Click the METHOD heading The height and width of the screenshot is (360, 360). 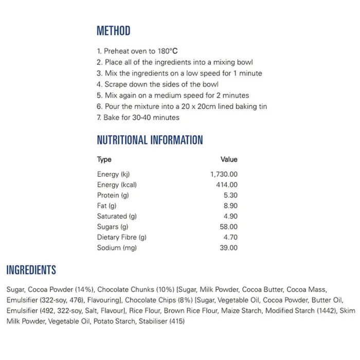[x=113, y=31]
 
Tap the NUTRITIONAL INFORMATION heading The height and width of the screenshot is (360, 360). [x=150, y=140]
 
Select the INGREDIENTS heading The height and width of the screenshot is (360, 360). [x=31, y=270]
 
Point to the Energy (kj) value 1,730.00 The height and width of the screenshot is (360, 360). [x=224, y=174]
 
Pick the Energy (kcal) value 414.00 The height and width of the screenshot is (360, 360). [x=226, y=185]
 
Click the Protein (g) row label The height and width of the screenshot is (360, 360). [x=113, y=195]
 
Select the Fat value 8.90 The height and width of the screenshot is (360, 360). [x=229, y=206]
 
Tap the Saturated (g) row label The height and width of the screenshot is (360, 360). [x=116, y=217]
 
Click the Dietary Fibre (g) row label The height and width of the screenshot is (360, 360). [x=122, y=237]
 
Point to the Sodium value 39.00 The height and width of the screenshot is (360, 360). [x=228, y=248]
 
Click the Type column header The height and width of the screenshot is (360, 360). [x=104, y=159]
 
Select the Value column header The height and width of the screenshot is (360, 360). [x=229, y=159]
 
